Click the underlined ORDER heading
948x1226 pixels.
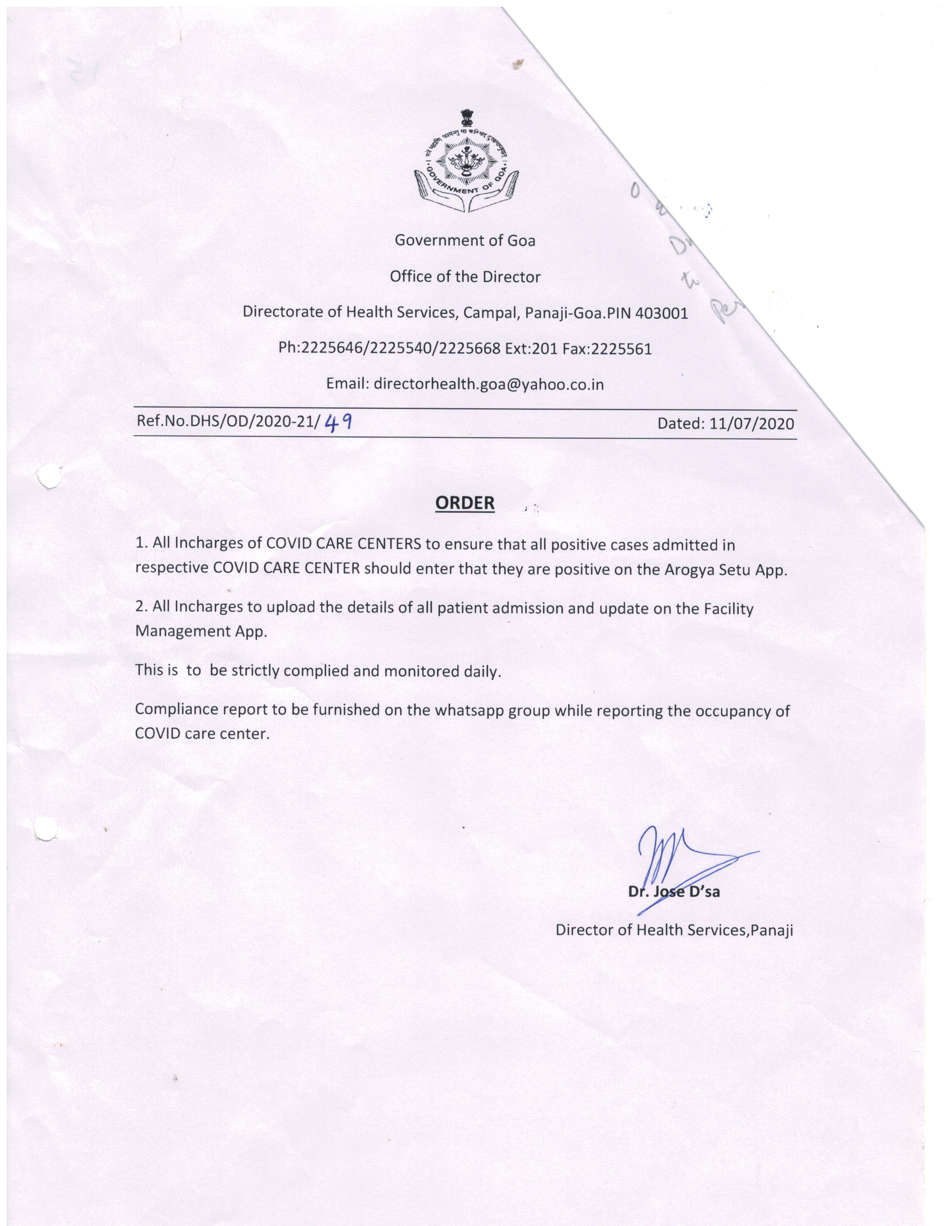pyautogui.click(x=465, y=503)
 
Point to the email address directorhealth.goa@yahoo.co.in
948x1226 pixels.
pyautogui.click(x=488, y=385)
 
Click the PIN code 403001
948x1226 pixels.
pyautogui.click(x=662, y=313)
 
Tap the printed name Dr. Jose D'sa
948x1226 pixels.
pyautogui.click(x=674, y=891)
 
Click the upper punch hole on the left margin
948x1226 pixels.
pyautogui.click(x=48, y=478)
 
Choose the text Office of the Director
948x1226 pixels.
pyautogui.click(x=465, y=277)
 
